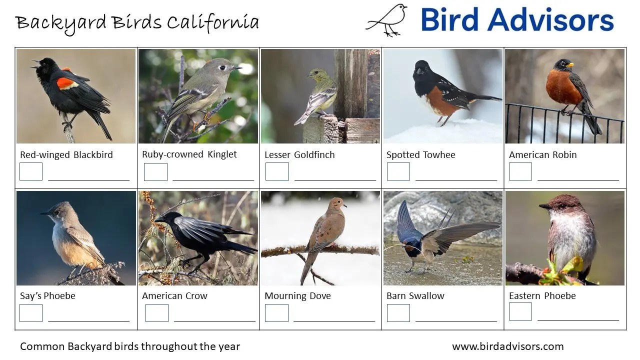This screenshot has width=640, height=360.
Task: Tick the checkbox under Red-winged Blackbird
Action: tap(31, 171)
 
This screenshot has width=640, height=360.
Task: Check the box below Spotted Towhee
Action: tap(398, 171)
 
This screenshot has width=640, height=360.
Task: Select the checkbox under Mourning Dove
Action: tap(276, 313)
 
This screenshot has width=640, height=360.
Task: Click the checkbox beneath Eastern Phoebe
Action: tap(520, 311)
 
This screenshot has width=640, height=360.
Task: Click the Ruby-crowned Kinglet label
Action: tap(189, 154)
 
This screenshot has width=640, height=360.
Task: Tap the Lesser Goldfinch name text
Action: tap(299, 155)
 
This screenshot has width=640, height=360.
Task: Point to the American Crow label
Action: tap(174, 296)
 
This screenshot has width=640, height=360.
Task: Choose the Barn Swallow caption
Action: tap(415, 296)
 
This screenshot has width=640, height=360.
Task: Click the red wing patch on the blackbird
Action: tap(67, 82)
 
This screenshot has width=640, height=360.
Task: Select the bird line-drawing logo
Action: tap(387, 20)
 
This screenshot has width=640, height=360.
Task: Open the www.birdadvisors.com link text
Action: tap(507, 346)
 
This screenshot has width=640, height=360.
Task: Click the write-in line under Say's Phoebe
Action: tap(88, 321)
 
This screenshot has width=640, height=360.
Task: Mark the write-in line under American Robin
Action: tap(578, 179)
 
